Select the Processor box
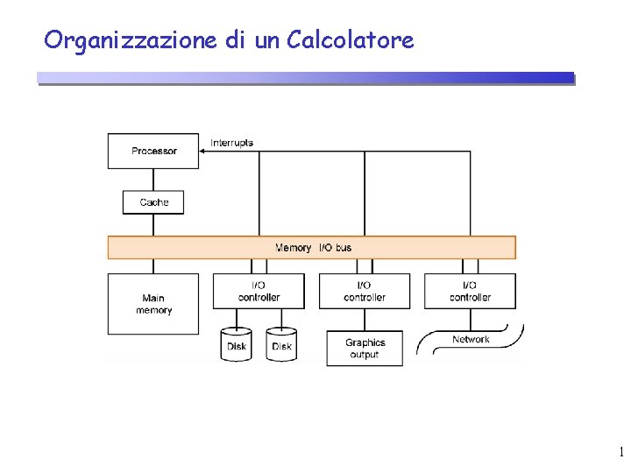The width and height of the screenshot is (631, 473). pos(153,151)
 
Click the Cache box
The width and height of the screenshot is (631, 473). pos(153,202)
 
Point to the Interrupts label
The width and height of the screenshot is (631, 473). pos(232,143)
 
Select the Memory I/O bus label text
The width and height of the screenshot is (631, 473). pos(313,248)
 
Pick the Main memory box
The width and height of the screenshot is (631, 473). pos(153,304)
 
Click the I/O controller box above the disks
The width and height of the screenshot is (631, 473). pos(259,291)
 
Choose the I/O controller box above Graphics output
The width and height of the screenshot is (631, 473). pos(365,291)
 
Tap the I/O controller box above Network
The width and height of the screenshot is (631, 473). pos(470,291)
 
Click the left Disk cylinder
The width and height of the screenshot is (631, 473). pos(237,345)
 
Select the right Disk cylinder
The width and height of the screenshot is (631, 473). pos(281,345)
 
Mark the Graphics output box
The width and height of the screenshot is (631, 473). pos(365,348)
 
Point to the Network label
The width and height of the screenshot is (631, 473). pos(471,339)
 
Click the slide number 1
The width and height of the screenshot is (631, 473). pos(620,453)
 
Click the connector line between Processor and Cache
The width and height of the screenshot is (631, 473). pos(153,180)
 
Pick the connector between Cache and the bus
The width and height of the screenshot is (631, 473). pos(153,225)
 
